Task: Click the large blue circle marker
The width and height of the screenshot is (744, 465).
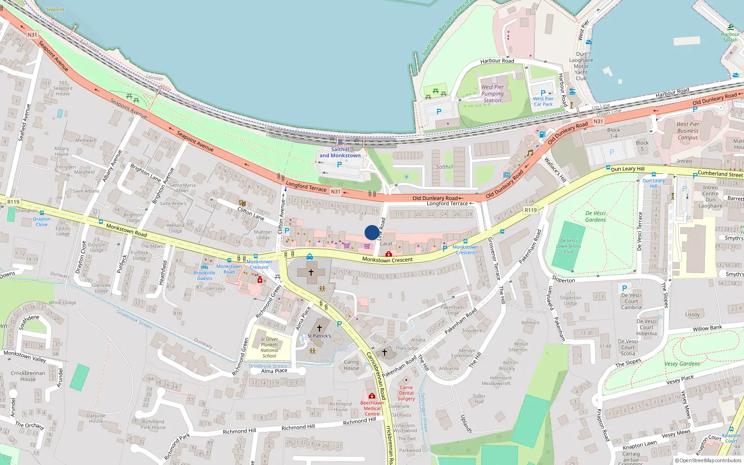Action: click(x=372, y=232)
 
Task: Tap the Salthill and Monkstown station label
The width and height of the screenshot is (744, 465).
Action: click(x=340, y=153)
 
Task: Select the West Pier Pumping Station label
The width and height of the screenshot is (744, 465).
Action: click(x=492, y=93)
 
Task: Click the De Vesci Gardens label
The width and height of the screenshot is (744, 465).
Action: click(x=595, y=216)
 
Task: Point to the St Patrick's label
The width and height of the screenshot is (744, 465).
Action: click(x=319, y=336)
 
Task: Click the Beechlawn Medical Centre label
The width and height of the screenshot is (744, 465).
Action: click(x=372, y=408)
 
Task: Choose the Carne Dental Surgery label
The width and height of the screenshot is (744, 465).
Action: click(x=406, y=393)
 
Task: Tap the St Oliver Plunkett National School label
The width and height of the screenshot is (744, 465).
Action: click(x=269, y=347)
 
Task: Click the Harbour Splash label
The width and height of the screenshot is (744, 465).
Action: click(x=730, y=37)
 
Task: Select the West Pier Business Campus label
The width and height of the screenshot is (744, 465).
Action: click(x=688, y=131)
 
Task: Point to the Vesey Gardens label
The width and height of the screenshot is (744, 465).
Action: click(x=682, y=364)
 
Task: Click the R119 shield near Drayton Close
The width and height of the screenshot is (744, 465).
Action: click(x=13, y=202)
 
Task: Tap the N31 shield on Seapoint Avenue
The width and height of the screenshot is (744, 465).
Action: click(x=32, y=35)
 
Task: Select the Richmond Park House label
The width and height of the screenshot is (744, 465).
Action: click(x=153, y=424)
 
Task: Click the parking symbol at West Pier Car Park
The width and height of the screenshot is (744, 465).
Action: click(x=543, y=93)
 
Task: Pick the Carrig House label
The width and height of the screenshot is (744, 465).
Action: click(x=352, y=365)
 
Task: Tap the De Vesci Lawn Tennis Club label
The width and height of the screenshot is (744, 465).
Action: click(x=569, y=246)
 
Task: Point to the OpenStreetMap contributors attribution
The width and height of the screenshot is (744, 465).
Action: click(x=708, y=460)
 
